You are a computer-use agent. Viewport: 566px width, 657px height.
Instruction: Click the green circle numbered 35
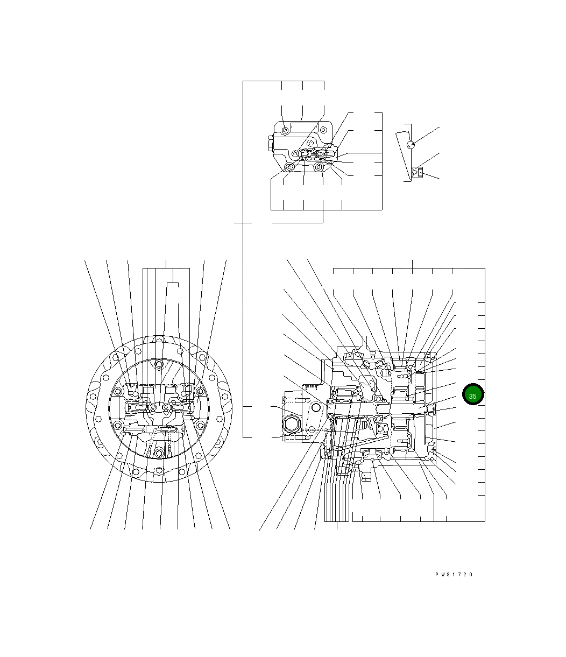(472, 394)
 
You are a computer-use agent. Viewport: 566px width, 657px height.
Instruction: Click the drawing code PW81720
(454, 574)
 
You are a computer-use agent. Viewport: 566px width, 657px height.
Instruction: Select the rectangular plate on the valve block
(305, 127)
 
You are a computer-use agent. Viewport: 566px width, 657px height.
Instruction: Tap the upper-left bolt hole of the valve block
(285, 130)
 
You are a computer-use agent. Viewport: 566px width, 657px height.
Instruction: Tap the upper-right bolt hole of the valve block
(323, 130)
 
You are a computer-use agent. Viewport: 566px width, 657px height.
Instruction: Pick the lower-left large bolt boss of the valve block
(289, 167)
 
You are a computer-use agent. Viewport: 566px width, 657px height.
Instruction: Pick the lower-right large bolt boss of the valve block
(318, 167)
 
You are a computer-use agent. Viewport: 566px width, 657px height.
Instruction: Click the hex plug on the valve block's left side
(271, 143)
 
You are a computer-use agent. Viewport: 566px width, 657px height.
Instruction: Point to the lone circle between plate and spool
(310, 144)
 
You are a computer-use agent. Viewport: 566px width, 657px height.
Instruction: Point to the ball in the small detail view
(411, 145)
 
